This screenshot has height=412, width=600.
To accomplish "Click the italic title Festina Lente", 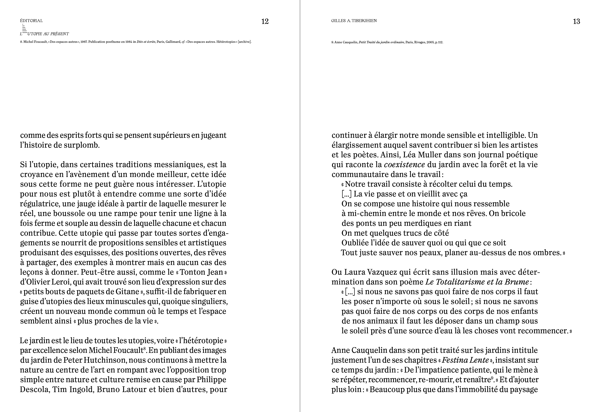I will pyautogui.click(x=465, y=360).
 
